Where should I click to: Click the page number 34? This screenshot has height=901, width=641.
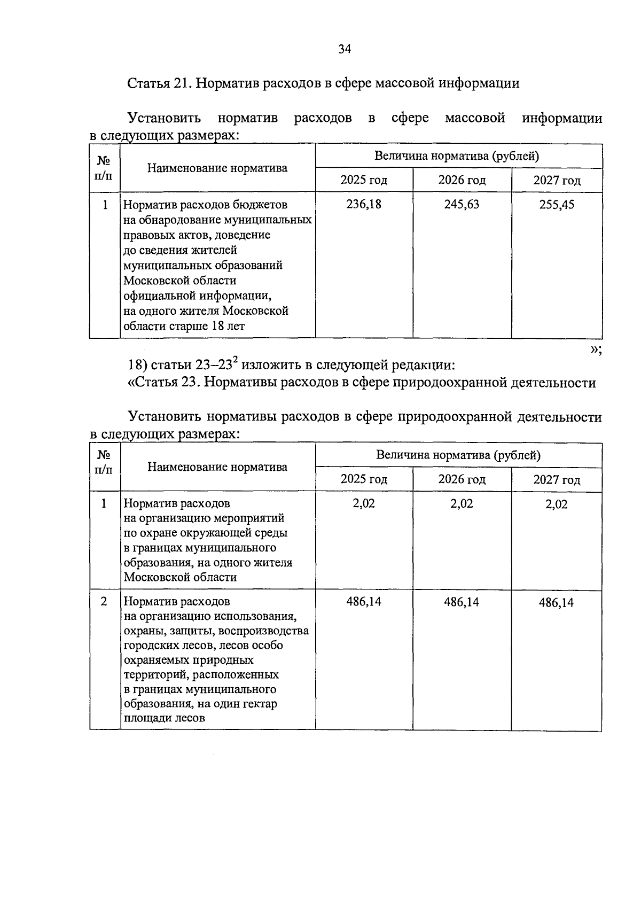pyautogui.click(x=345, y=50)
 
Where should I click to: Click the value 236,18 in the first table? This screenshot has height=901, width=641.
pyautogui.click(x=364, y=205)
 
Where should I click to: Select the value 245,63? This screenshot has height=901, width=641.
pyautogui.click(x=462, y=205)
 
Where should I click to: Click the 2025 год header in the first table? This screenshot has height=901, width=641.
pyautogui.click(x=364, y=180)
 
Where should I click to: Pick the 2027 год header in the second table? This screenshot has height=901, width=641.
pyautogui.click(x=557, y=480)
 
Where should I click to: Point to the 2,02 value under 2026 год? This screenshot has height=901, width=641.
pyautogui.click(x=462, y=504)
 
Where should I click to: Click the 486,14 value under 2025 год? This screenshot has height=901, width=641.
pyautogui.click(x=364, y=602)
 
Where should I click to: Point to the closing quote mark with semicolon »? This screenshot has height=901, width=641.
pyautogui.click(x=596, y=349)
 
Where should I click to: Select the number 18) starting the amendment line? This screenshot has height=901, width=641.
pyautogui.click(x=138, y=366)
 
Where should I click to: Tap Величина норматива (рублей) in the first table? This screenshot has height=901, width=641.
pyautogui.click(x=457, y=157)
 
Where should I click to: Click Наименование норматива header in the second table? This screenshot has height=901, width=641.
pyautogui.click(x=217, y=467)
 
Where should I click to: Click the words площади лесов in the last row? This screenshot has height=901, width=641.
pyautogui.click(x=165, y=718)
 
